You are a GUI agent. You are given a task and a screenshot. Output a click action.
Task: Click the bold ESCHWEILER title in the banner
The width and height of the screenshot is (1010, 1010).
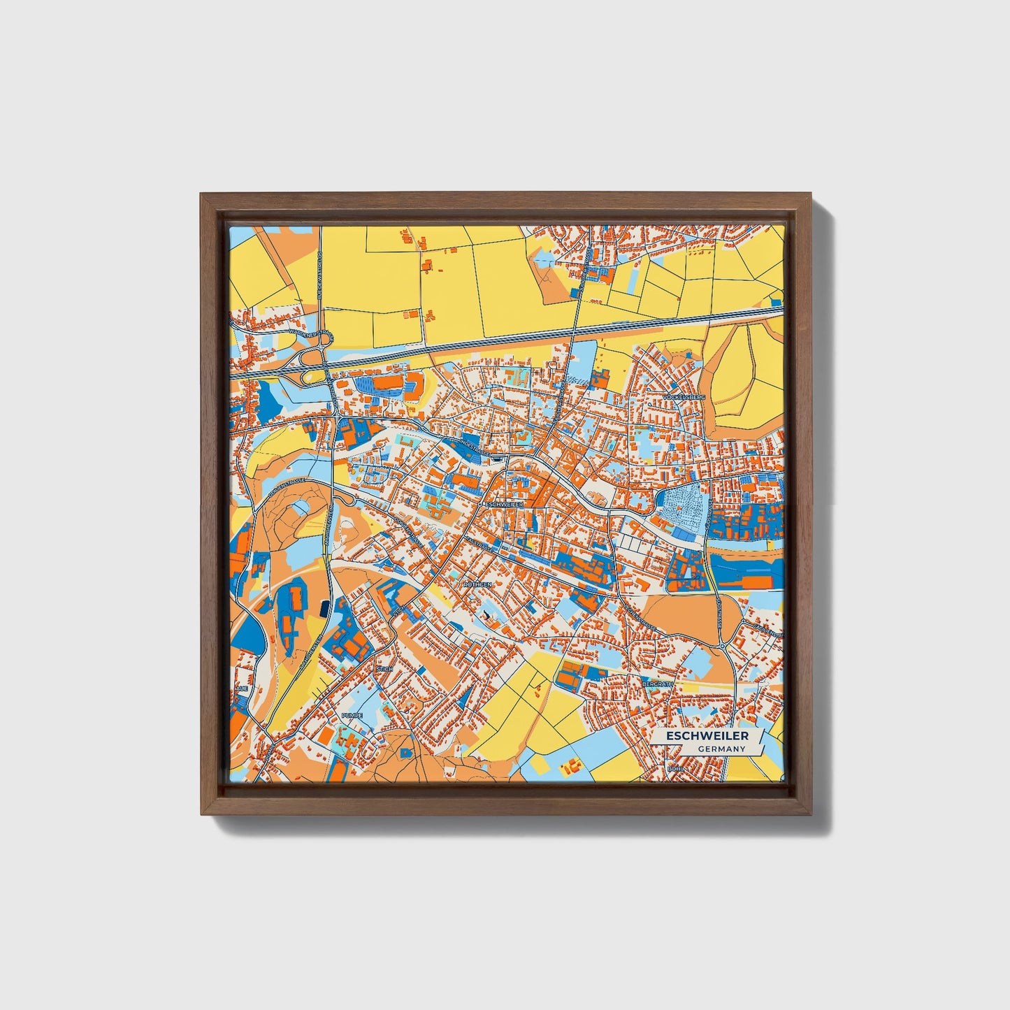pos(707,736)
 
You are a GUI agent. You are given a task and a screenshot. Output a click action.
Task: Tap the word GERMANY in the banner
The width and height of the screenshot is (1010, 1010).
pos(721,749)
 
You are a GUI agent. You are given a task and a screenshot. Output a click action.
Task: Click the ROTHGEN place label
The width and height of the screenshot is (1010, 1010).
pos(477,584)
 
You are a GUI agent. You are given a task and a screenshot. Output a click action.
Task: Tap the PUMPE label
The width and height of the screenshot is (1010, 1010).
pos(352,716)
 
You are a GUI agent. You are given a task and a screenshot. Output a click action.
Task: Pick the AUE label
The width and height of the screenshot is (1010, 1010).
pos(242,688)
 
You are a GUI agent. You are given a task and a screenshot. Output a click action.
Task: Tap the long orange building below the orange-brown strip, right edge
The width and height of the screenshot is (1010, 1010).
pos(758,582)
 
